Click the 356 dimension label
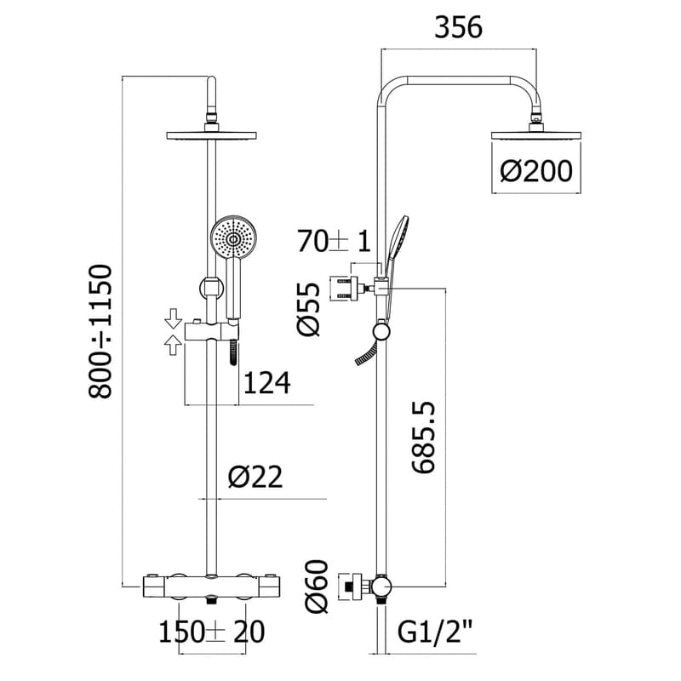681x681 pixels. tap(459, 28)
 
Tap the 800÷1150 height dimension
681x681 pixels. tap(101, 331)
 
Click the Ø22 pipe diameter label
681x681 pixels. tap(255, 478)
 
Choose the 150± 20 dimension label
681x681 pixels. tap(212, 632)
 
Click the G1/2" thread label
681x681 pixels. tap(437, 632)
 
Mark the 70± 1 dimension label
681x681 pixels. tap(335, 242)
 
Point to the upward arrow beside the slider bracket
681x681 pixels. tap(173, 344)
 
